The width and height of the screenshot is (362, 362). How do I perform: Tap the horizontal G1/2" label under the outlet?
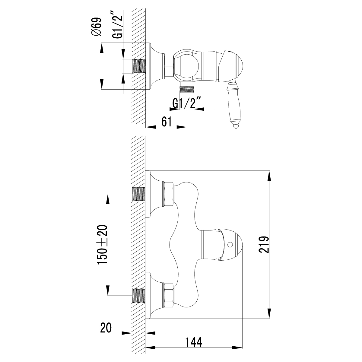coord(187,103)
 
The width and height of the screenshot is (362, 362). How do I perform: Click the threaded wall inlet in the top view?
coord(138,66)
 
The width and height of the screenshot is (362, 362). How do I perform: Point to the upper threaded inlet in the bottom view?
coord(139,194)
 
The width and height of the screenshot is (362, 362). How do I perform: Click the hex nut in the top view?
coord(168,66)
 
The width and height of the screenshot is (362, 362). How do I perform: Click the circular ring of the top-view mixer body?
coord(188,64)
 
